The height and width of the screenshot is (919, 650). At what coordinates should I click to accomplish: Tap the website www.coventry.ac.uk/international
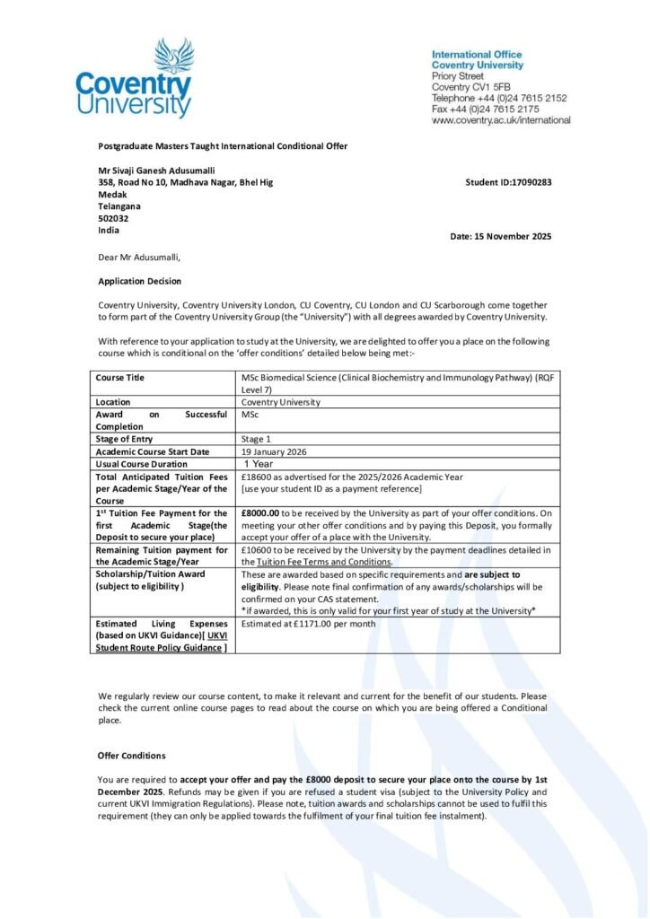point(501,120)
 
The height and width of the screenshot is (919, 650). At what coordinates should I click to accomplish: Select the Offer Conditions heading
point(131,756)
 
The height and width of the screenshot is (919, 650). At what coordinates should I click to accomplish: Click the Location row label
point(113,402)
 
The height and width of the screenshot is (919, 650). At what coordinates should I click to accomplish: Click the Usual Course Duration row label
point(142,464)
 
